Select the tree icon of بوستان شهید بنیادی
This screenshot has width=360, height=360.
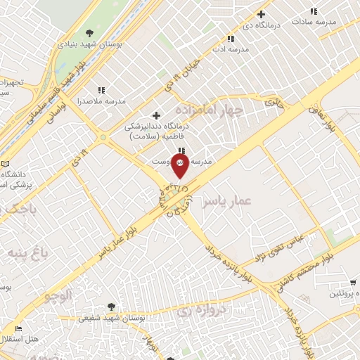89,32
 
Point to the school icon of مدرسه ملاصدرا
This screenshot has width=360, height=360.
102,90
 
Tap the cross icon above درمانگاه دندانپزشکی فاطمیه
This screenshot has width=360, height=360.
156,115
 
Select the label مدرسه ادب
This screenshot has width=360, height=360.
231,50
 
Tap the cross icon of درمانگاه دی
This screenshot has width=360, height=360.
261,13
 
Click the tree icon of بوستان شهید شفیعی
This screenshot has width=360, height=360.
111,306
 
